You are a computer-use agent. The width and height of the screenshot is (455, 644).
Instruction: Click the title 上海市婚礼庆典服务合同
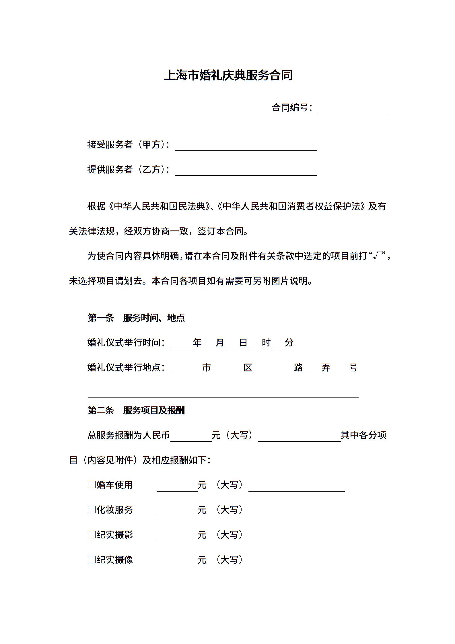tap(228, 75)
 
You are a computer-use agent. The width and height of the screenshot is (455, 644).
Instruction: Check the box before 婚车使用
tap(92, 485)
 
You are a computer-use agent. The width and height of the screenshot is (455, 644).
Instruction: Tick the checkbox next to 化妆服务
tap(92, 510)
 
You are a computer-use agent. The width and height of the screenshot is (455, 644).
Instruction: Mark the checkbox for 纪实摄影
tap(92, 534)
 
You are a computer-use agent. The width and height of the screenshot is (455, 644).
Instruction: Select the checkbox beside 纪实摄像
tap(92, 559)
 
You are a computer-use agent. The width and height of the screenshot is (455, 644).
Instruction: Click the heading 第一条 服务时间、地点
tap(136, 318)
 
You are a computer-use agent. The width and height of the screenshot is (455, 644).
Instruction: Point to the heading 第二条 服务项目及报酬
tap(136, 410)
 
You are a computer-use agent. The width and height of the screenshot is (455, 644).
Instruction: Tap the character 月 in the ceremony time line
tap(220, 342)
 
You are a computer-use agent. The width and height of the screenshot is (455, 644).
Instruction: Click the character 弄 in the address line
tap(326, 367)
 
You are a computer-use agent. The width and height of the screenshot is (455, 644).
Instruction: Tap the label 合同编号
tap(290, 108)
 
